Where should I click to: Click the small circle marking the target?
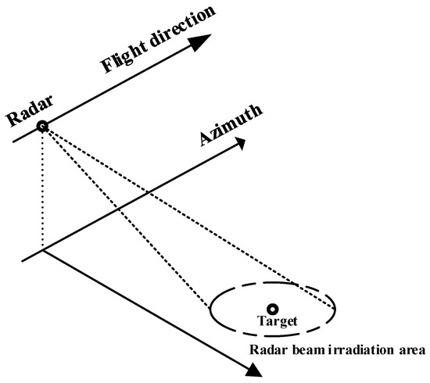pyautogui.click(x=272, y=309)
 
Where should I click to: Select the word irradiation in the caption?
pyautogui.click(x=353, y=348)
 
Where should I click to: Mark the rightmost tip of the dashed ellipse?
pyautogui.click(x=336, y=308)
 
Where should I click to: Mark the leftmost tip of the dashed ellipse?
pyautogui.click(x=209, y=308)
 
